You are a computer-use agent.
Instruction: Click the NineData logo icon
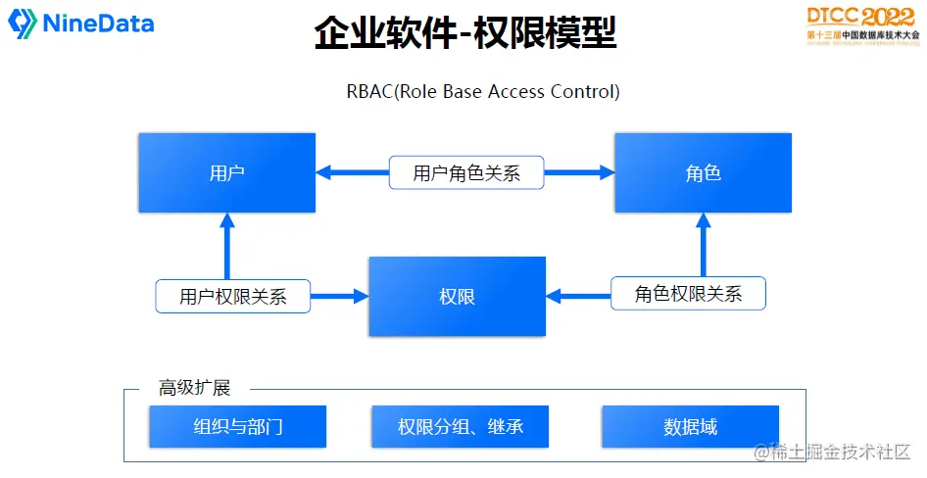pyautogui.click(x=23, y=24)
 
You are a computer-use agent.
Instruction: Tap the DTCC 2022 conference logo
pyautogui.click(x=862, y=24)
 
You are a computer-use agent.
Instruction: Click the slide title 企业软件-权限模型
pyautogui.click(x=464, y=33)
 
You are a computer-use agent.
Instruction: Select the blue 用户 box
pyautogui.click(x=226, y=173)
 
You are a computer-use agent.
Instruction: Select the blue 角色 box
pyautogui.click(x=703, y=173)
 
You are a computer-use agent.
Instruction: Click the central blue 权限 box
pyautogui.click(x=457, y=296)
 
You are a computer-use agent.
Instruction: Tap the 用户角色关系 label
pyautogui.click(x=465, y=173)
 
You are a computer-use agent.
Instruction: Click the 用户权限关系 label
pyautogui.click(x=232, y=297)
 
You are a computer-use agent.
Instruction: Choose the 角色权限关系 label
pyautogui.click(x=688, y=294)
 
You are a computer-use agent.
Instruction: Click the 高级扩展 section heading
pyautogui.click(x=194, y=388)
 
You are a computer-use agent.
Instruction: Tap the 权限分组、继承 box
pyautogui.click(x=460, y=427)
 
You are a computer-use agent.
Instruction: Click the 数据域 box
pyautogui.click(x=690, y=427)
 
